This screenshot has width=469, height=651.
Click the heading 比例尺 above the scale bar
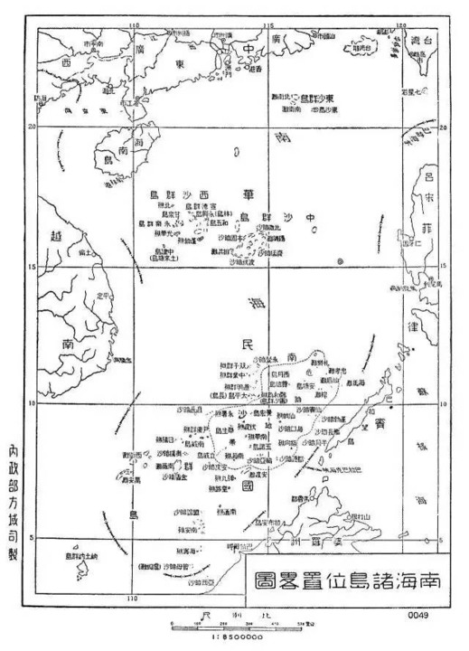[x=234, y=614]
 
